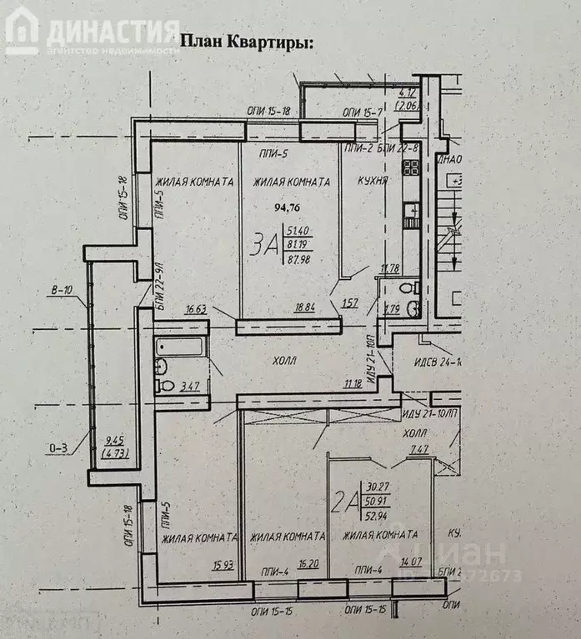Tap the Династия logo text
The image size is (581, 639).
[x=113, y=32]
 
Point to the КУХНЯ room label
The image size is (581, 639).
[x=372, y=181]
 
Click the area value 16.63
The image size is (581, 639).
[x=197, y=308]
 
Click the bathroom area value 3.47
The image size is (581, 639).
[x=190, y=386]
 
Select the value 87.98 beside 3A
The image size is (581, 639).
[x=299, y=259]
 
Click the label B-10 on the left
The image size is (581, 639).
[x=61, y=291]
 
